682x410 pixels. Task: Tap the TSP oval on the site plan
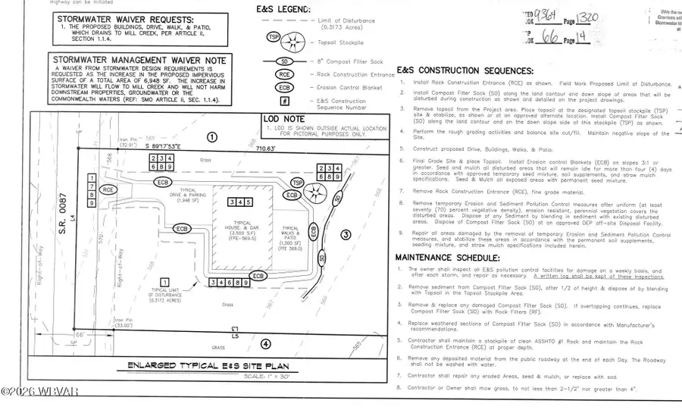click(298, 183)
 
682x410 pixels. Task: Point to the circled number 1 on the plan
click(211, 137)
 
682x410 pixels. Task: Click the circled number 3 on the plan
click(346, 235)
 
